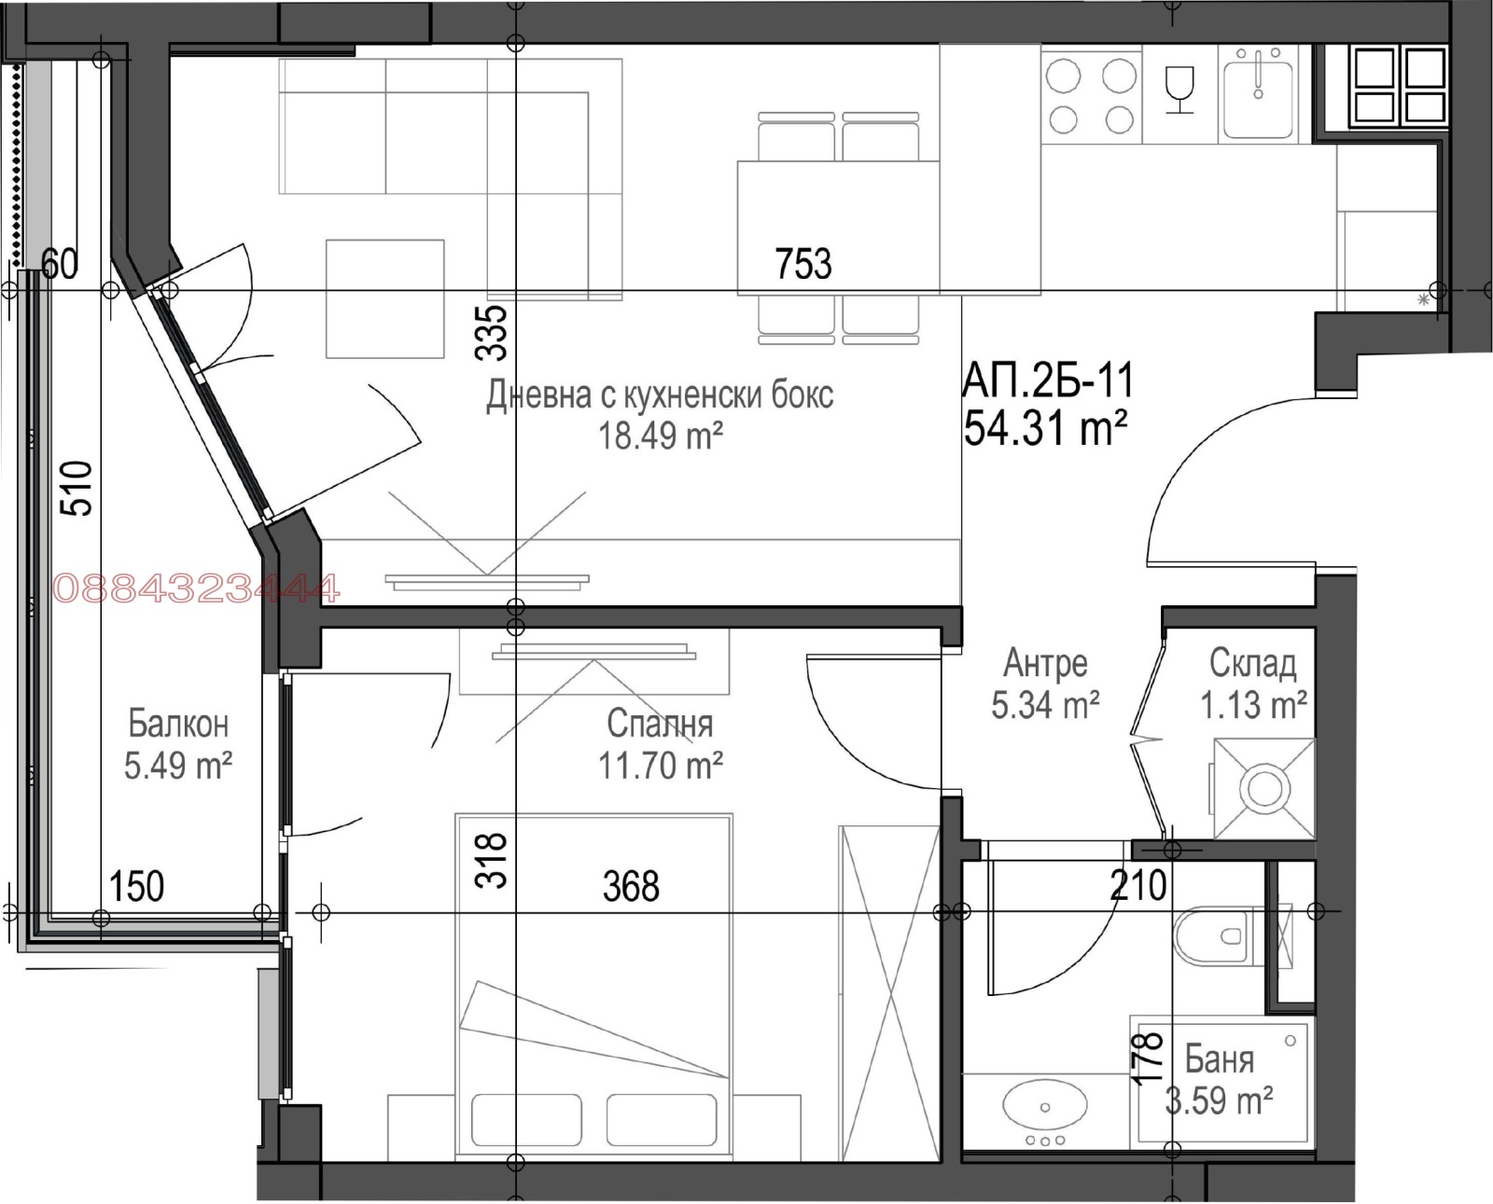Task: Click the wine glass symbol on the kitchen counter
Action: [1180, 91]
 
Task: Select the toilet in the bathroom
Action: [1210, 936]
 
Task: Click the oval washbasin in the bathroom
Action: [1044, 1107]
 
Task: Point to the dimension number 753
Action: [803, 264]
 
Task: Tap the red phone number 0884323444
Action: [197, 589]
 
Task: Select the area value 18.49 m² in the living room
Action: [661, 435]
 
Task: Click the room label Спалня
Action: [660, 724]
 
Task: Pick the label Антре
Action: [1045, 663]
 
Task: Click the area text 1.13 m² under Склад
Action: [1252, 705]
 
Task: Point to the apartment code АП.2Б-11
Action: [1049, 381]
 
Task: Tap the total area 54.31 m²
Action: [1045, 429]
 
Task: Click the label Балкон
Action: [177, 724]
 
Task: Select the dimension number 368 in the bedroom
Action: [631, 886]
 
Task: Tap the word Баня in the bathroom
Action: [1219, 1059]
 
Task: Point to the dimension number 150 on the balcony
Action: [136, 886]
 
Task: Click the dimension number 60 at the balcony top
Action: [60, 265]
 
